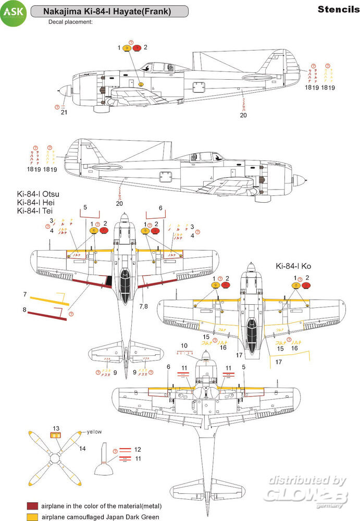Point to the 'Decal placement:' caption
pyautogui.click(x=70, y=22)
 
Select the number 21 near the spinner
pyautogui.click(x=64, y=111)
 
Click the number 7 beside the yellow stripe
pyautogui.click(x=24, y=295)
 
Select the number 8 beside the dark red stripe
pyautogui.click(x=24, y=309)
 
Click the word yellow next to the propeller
pyautogui.click(x=94, y=432)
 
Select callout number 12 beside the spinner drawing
pyautogui.click(x=138, y=449)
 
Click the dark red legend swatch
pyautogui.click(x=33, y=506)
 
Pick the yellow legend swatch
pyautogui.click(x=33, y=517)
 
